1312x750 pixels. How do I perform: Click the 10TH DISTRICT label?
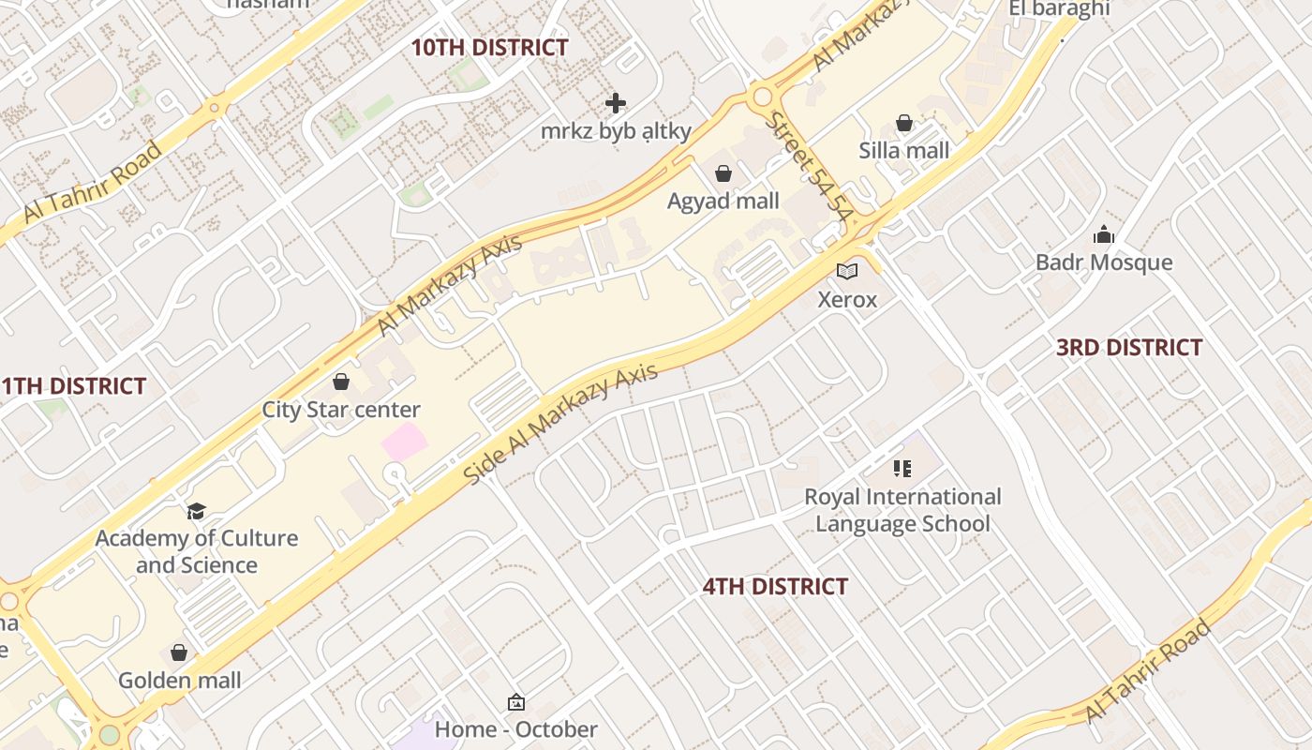pyautogui.click(x=489, y=48)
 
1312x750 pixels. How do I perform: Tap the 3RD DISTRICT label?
pyautogui.click(x=1128, y=348)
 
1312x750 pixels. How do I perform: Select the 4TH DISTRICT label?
pyautogui.click(x=775, y=587)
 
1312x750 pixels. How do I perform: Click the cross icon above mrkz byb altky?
pyautogui.click(x=616, y=102)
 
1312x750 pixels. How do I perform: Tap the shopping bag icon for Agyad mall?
pyautogui.click(x=723, y=173)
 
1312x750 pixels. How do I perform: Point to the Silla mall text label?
pyautogui.click(x=903, y=150)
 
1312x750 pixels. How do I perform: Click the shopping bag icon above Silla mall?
pyautogui.click(x=904, y=123)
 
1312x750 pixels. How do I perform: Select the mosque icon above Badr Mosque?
pyautogui.click(x=1104, y=234)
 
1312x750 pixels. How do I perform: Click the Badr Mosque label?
pyautogui.click(x=1103, y=262)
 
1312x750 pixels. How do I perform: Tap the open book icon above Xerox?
pyautogui.click(x=847, y=272)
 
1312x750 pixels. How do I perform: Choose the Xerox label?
pyautogui.click(x=847, y=300)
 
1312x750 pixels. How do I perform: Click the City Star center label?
pyautogui.click(x=341, y=410)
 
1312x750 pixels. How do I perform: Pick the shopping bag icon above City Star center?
pyautogui.click(x=341, y=382)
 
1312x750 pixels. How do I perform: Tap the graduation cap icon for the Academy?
pyautogui.click(x=196, y=511)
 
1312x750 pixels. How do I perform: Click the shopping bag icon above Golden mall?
pyautogui.click(x=179, y=652)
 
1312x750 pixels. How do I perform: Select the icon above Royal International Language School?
pyautogui.click(x=902, y=469)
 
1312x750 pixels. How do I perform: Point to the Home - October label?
pyautogui.click(x=515, y=729)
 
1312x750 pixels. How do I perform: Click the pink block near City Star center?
pyautogui.click(x=403, y=442)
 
